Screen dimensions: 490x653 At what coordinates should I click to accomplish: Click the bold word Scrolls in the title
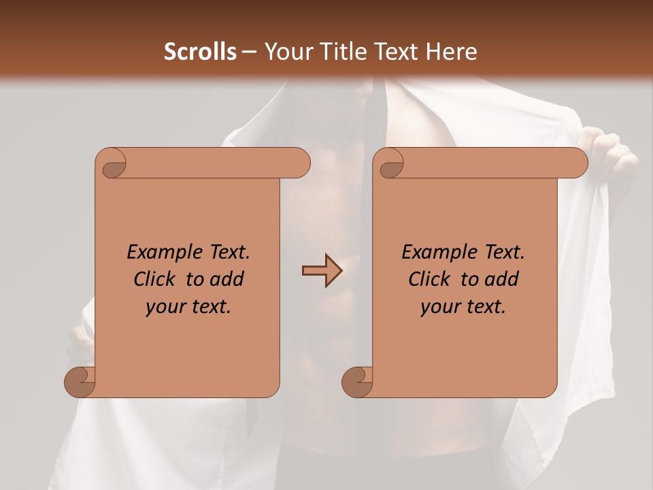click(200, 52)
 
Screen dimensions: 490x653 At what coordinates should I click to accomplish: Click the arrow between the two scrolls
click(322, 271)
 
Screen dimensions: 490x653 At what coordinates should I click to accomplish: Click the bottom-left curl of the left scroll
click(80, 382)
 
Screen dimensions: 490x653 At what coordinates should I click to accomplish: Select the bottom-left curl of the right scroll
click(357, 382)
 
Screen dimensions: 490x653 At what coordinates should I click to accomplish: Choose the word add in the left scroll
click(227, 279)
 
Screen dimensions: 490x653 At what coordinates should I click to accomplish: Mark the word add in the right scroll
click(502, 279)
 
